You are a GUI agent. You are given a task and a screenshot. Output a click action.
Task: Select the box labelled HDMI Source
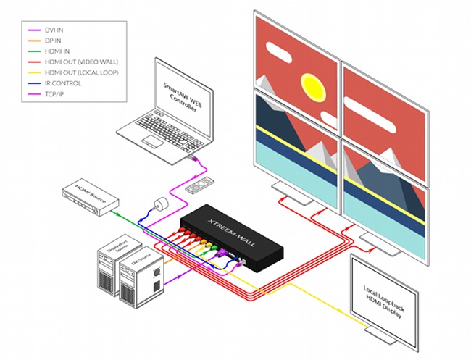pyautogui.click(x=87, y=196)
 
